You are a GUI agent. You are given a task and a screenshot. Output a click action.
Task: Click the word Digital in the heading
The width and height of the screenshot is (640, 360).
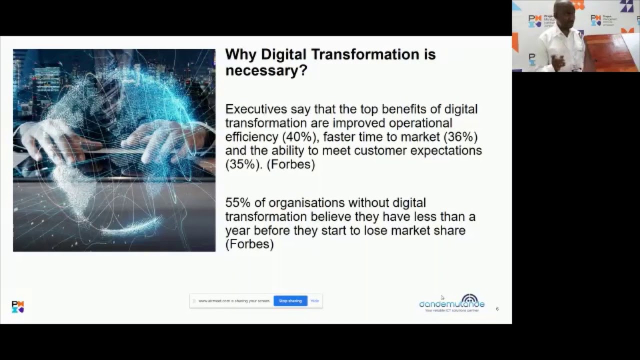pos(283,54)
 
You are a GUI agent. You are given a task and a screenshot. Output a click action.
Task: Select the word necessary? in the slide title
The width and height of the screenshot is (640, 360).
pos(266,70)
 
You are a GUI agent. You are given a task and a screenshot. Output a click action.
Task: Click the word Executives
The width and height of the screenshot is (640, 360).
pos(255,109)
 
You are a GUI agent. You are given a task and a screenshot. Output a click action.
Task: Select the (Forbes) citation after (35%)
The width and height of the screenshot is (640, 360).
pos(291,164)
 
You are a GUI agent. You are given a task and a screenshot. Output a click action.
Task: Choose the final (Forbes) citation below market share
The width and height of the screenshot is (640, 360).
pos(249,244)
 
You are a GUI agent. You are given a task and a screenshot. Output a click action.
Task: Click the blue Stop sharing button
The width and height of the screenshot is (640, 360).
pos(290,301)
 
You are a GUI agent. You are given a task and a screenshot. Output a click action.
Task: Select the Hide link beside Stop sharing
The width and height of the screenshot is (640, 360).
pos(314,301)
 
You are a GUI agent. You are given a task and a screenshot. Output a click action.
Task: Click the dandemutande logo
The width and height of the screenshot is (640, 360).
pos(452,303)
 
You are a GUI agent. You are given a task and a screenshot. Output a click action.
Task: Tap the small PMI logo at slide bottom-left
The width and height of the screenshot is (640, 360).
pos(18,306)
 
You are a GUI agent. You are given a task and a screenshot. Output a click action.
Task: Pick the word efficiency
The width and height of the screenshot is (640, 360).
pos(252,136)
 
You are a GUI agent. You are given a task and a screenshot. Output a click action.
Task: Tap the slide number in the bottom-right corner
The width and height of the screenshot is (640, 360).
pos(497,309)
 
